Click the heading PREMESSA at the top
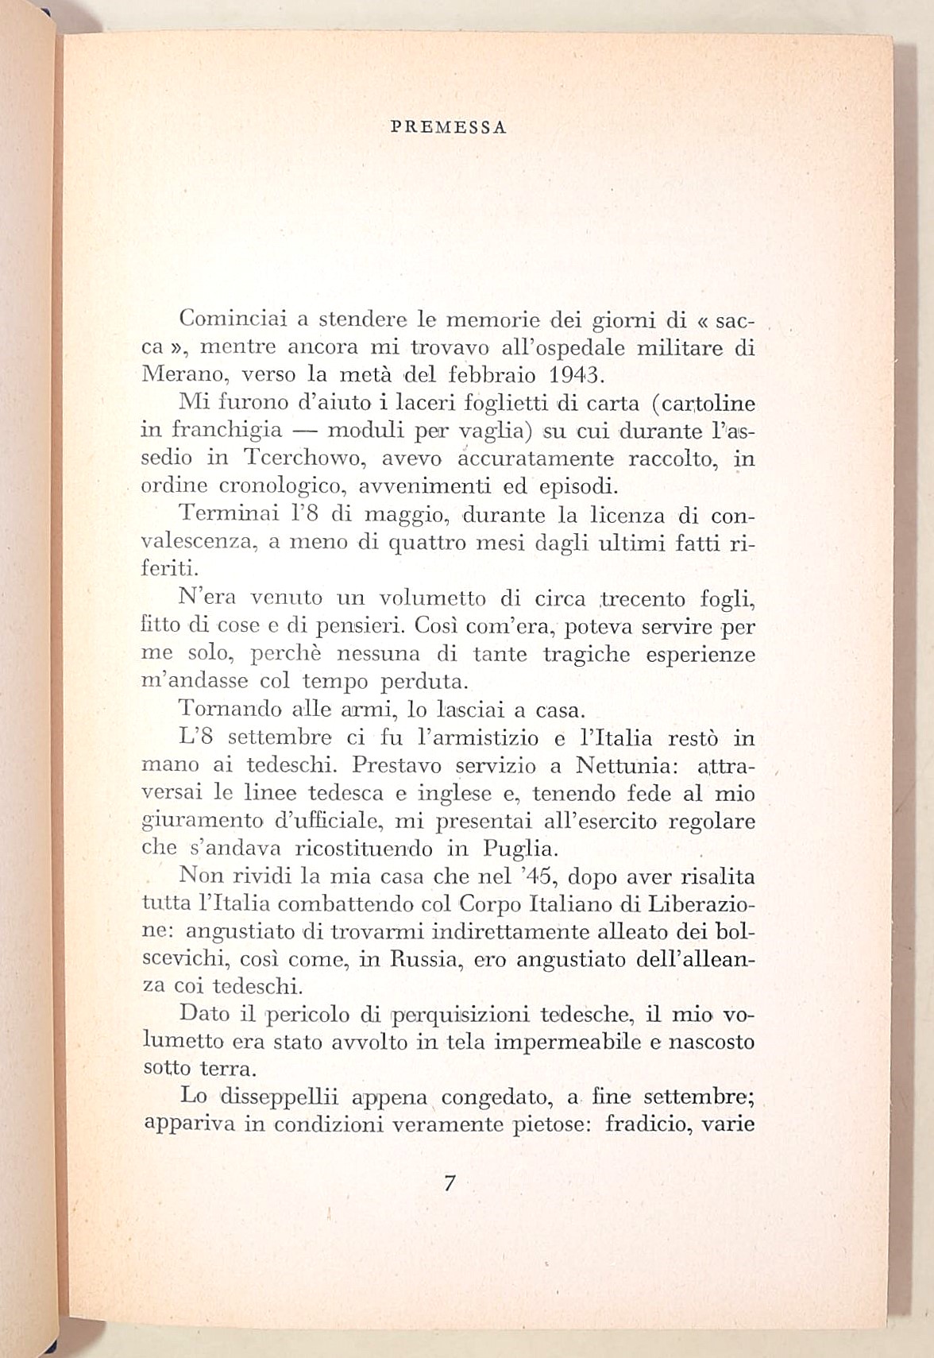point(450,128)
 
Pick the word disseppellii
point(280,1097)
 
